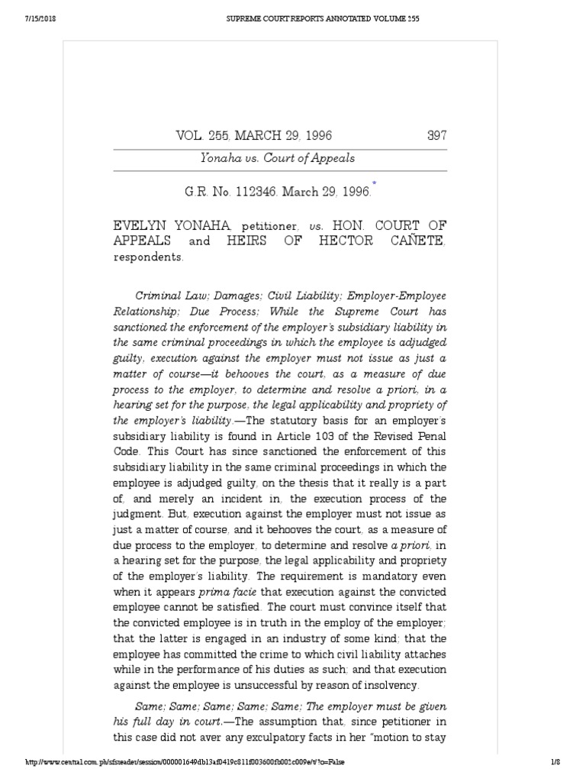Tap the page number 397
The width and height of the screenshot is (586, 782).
pyautogui.click(x=436, y=136)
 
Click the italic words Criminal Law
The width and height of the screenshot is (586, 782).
pyautogui.click(x=166, y=295)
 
